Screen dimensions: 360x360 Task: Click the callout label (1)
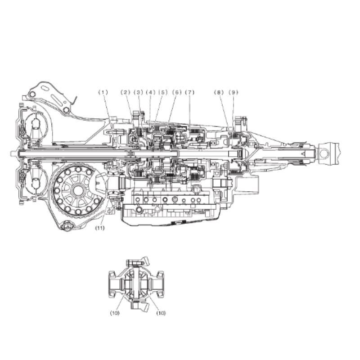(x=103, y=92)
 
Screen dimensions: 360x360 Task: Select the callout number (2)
(x=126, y=92)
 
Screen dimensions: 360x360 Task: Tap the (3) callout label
(x=138, y=92)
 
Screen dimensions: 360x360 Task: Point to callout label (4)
(x=151, y=92)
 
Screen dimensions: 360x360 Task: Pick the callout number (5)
(x=163, y=92)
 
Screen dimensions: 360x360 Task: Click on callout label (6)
(x=177, y=92)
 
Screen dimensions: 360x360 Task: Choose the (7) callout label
(x=189, y=92)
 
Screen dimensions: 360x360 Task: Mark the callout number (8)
(x=219, y=92)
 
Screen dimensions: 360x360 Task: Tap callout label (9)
(x=234, y=92)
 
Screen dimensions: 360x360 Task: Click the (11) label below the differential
(x=100, y=228)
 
